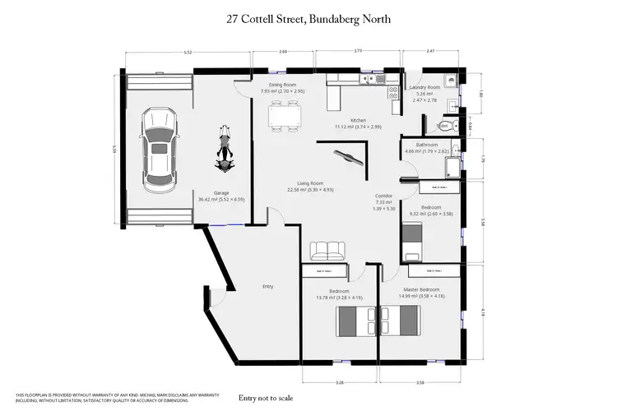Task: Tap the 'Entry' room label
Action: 267,286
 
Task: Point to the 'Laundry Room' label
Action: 427,86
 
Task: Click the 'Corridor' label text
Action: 384,196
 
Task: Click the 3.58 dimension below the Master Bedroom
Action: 420,382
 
